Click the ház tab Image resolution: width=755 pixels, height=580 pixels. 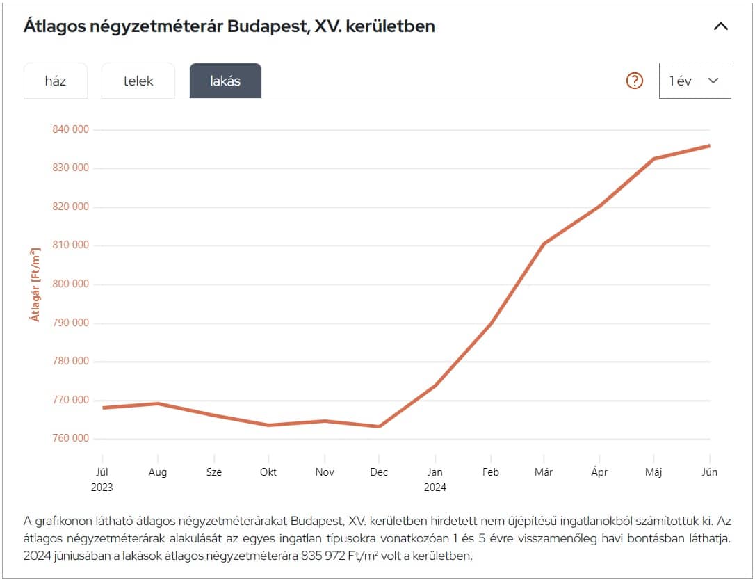click(x=56, y=81)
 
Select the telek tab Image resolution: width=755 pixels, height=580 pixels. click(x=138, y=81)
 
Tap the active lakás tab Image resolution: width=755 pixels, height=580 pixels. click(x=225, y=81)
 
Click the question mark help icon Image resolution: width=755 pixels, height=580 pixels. click(x=635, y=81)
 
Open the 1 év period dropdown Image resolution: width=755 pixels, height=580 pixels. click(x=695, y=81)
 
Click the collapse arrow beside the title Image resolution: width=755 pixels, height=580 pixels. click(x=721, y=26)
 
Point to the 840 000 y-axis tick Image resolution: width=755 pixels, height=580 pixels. click(x=71, y=129)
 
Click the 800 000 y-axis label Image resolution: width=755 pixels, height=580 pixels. click(x=71, y=284)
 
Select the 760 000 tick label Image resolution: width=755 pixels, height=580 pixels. click(x=71, y=438)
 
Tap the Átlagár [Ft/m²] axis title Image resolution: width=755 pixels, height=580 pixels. click(x=35, y=283)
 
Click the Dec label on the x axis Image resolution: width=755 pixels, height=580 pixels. click(x=379, y=472)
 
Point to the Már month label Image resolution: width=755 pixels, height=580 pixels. click(x=544, y=472)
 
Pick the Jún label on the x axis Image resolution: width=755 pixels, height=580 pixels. click(x=709, y=472)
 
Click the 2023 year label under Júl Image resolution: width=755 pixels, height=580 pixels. click(x=102, y=488)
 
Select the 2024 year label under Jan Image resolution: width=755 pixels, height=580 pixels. click(x=435, y=488)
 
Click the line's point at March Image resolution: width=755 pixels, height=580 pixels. click(x=544, y=244)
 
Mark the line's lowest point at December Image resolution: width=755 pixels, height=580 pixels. click(x=379, y=426)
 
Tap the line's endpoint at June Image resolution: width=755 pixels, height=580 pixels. click(x=709, y=145)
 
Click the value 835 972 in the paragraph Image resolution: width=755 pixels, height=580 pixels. click(x=326, y=556)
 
